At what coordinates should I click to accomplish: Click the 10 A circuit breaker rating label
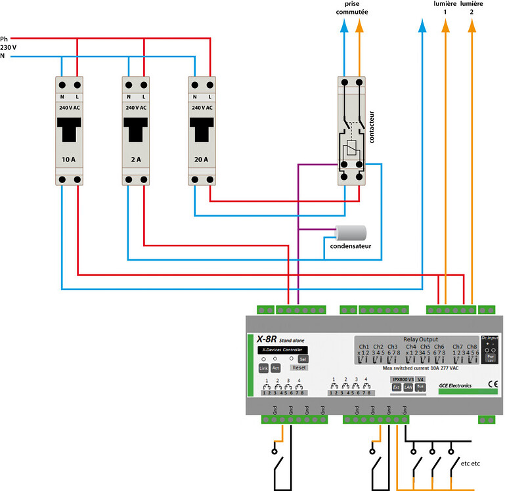pyautogui.click(x=68, y=160)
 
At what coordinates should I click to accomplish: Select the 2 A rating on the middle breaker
pyautogui.click(x=136, y=160)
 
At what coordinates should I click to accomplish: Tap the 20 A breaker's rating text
pyautogui.click(x=201, y=160)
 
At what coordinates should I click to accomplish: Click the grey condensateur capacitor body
pyautogui.click(x=351, y=232)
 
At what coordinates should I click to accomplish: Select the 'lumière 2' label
pyautogui.click(x=472, y=9)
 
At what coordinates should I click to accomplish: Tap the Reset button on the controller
pyautogui.click(x=299, y=368)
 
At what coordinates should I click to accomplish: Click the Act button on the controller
pyautogui.click(x=276, y=368)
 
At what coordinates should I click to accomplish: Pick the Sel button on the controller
pyautogui.click(x=302, y=359)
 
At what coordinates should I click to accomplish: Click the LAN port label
pyautogui.click(x=408, y=387)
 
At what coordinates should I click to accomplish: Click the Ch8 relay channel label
pyautogui.click(x=472, y=346)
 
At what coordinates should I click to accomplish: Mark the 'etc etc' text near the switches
pyautogui.click(x=470, y=463)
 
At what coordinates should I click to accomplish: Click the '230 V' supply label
pyautogui.click(x=9, y=47)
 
